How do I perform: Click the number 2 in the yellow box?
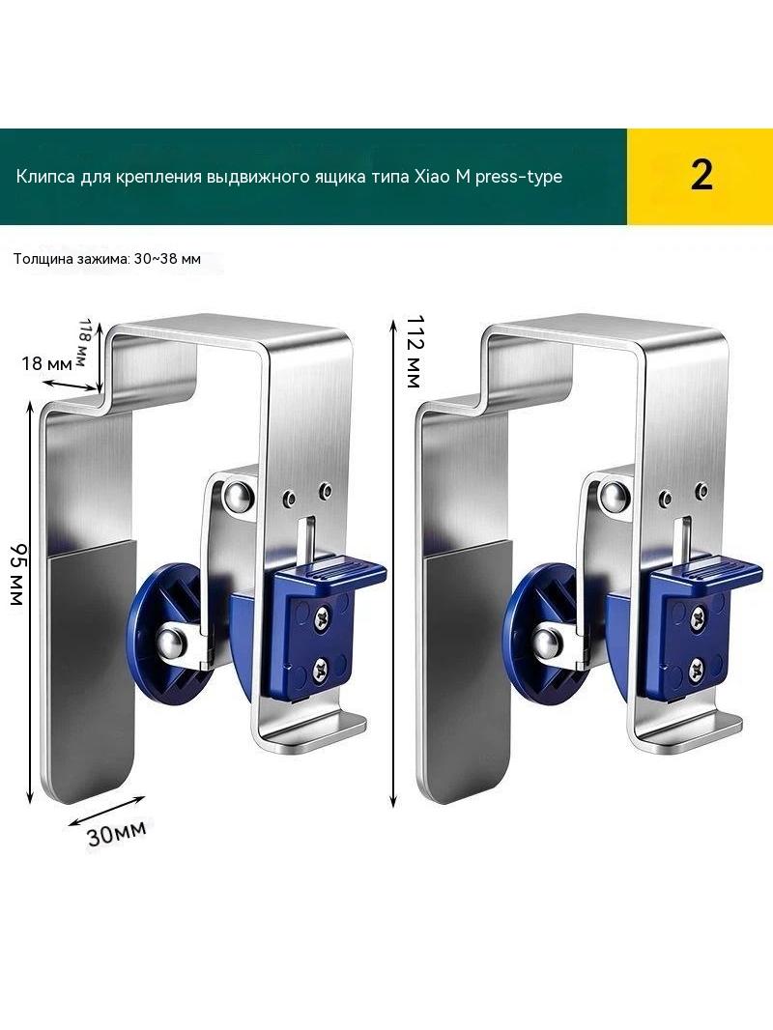click(701, 176)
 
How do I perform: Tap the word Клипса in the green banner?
click(44, 178)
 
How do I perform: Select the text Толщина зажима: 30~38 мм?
click(107, 259)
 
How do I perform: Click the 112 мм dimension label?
click(414, 351)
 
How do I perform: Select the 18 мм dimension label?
click(46, 362)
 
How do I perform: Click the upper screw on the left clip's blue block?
click(323, 616)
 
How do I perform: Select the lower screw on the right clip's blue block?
click(696, 670)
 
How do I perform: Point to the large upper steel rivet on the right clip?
click(613, 496)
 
